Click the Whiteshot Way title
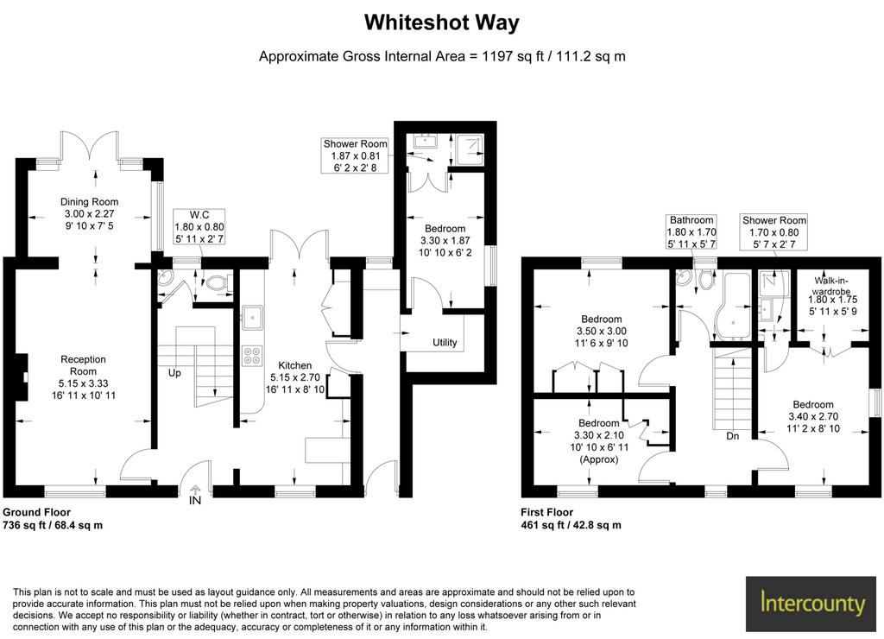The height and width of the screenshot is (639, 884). [x=441, y=23]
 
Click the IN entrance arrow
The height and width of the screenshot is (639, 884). [x=195, y=490]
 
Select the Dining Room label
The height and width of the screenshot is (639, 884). [x=90, y=202]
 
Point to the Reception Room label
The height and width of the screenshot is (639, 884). [x=83, y=365]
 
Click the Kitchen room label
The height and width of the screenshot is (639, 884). [x=295, y=365]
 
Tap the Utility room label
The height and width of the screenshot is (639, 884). [x=445, y=342]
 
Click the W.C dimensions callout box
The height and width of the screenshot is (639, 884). [x=199, y=227]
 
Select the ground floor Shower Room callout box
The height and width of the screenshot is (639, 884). [x=355, y=155]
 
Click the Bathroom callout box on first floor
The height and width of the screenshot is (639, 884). [x=691, y=231]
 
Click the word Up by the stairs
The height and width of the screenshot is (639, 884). [x=174, y=373]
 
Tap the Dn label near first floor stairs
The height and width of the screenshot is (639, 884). [x=732, y=436]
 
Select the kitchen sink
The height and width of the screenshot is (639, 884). [x=252, y=317]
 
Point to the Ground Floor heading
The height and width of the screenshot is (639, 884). [x=36, y=512]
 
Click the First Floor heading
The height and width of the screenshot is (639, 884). [x=546, y=512]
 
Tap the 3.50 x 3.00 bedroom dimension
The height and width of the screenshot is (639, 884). [x=602, y=331]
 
